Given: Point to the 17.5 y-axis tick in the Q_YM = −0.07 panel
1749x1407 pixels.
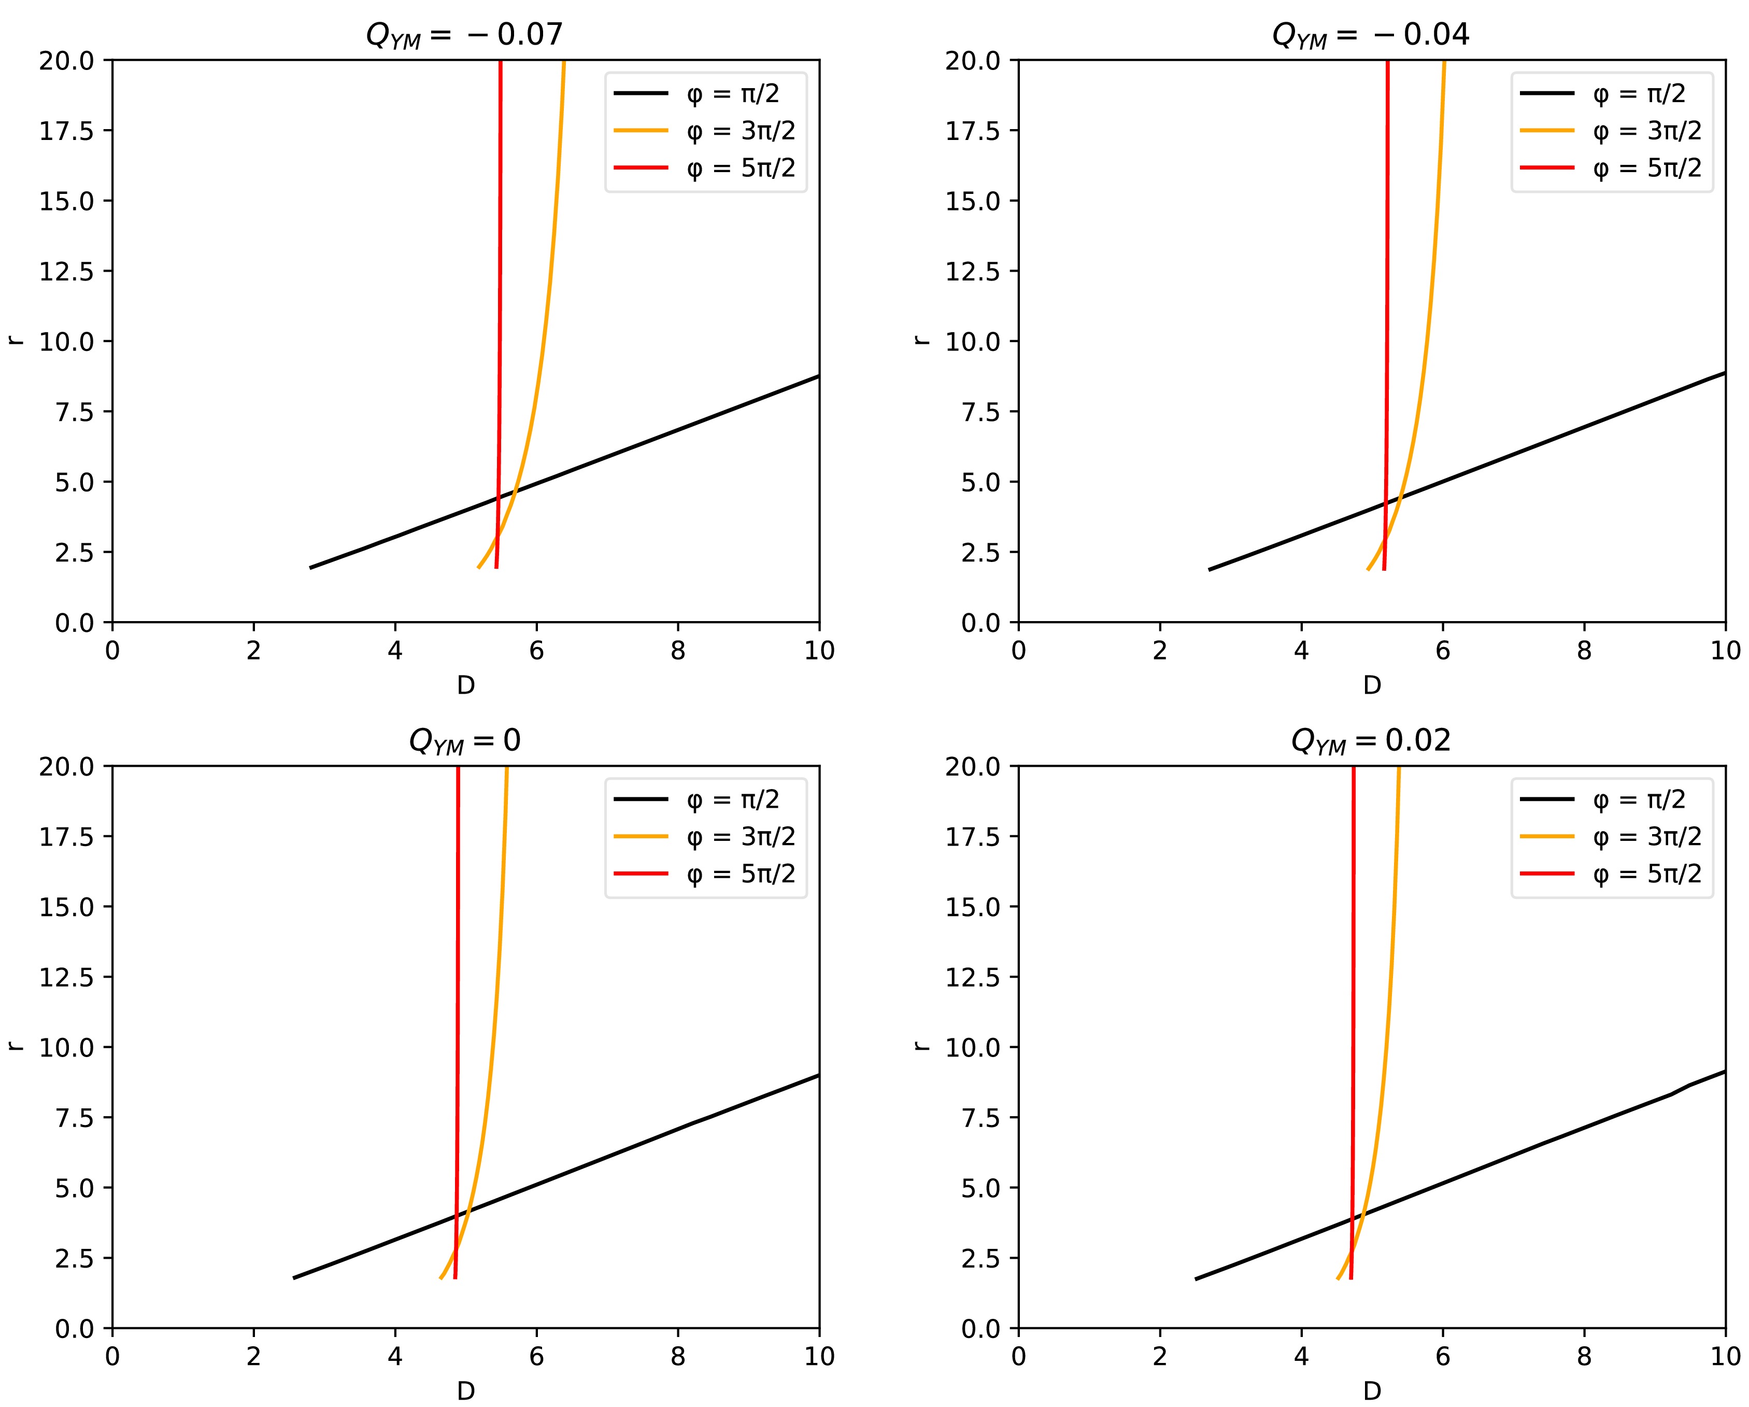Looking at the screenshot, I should tap(66, 131).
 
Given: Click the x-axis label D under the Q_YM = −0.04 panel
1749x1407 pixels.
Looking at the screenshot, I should tap(1371, 686).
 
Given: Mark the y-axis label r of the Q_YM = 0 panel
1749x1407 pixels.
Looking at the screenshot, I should tap(15, 1047).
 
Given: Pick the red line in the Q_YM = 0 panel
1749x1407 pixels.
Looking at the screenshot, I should tap(458, 974).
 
